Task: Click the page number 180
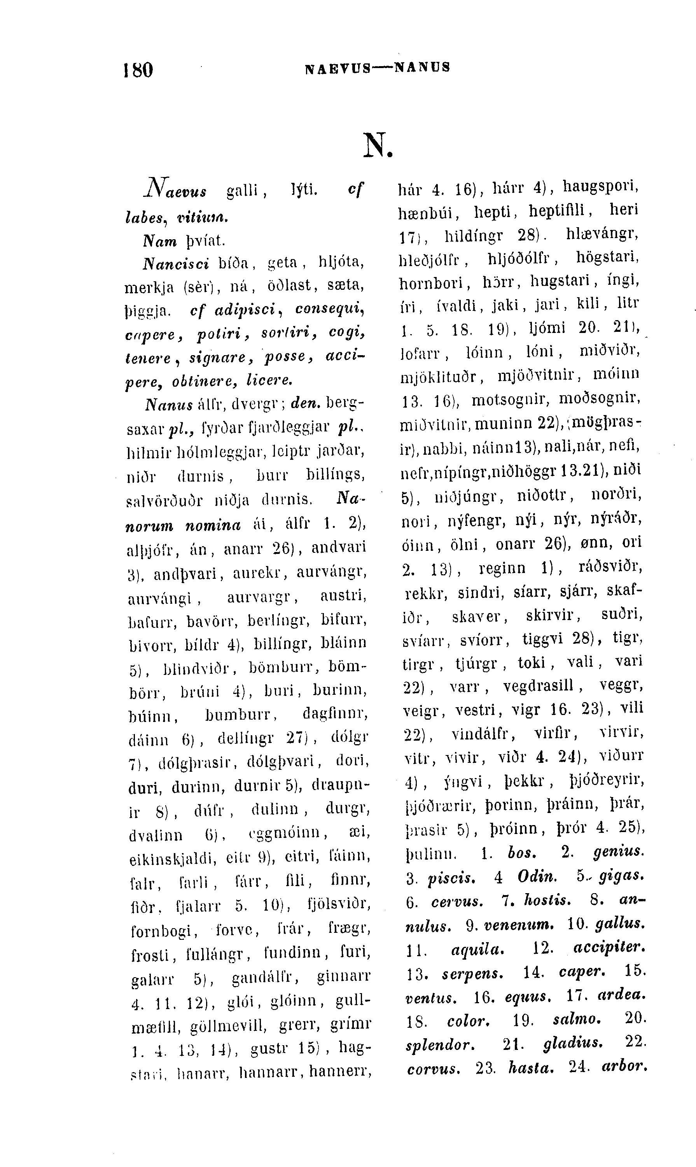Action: coord(138,70)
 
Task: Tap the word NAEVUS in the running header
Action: coord(337,68)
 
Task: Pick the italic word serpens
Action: coord(473,973)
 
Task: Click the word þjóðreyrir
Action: coord(607,781)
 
